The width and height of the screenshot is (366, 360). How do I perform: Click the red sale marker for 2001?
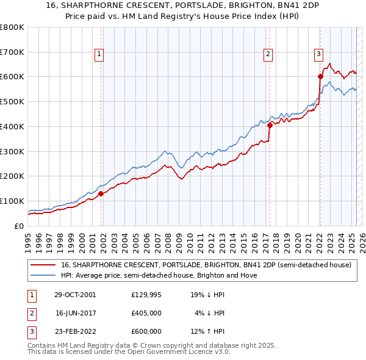click(x=101, y=193)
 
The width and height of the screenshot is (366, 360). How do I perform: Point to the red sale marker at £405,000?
click(x=269, y=125)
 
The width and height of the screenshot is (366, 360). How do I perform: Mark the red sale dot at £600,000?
click(x=320, y=76)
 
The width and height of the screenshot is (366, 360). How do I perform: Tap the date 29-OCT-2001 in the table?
click(x=75, y=295)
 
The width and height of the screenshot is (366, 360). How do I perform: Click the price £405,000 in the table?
click(x=146, y=313)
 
